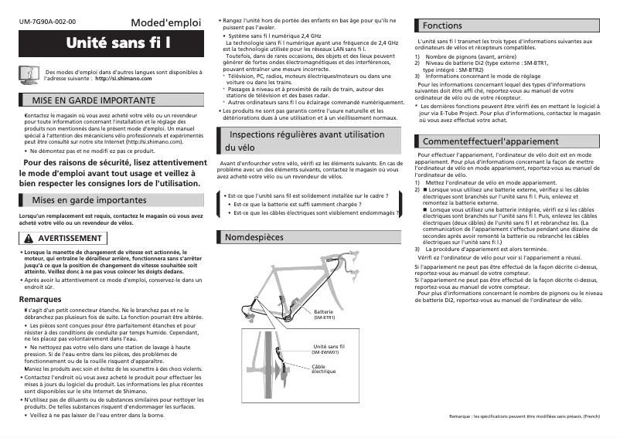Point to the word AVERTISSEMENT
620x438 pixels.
tap(70, 237)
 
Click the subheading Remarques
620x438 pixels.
tap(40, 299)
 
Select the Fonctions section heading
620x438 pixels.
tap(442, 25)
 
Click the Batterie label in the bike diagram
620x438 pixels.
tap(324, 311)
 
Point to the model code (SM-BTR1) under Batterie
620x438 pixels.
tap(324, 317)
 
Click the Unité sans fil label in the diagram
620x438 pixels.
tap(328, 347)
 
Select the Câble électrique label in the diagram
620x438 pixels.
tap(323, 368)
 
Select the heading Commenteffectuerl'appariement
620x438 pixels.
tap(490, 141)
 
